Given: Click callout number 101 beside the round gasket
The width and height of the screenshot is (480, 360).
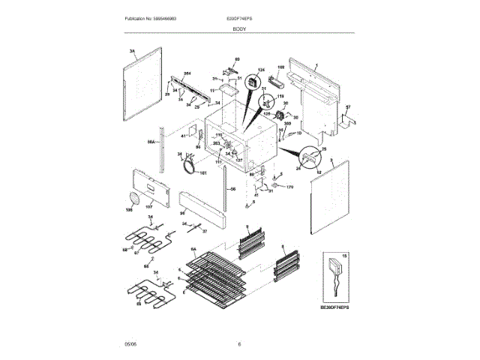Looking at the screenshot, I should tap(202, 174).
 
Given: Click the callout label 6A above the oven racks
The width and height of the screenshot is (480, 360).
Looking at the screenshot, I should tap(193, 249).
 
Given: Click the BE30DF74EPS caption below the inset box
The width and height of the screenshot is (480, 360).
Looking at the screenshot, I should tap(334, 307).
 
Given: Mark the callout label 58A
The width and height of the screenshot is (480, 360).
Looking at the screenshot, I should tap(150, 141).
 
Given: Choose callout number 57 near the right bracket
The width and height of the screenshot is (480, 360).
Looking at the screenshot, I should tap(348, 107).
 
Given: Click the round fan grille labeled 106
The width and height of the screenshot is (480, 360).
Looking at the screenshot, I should tap(134, 199).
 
